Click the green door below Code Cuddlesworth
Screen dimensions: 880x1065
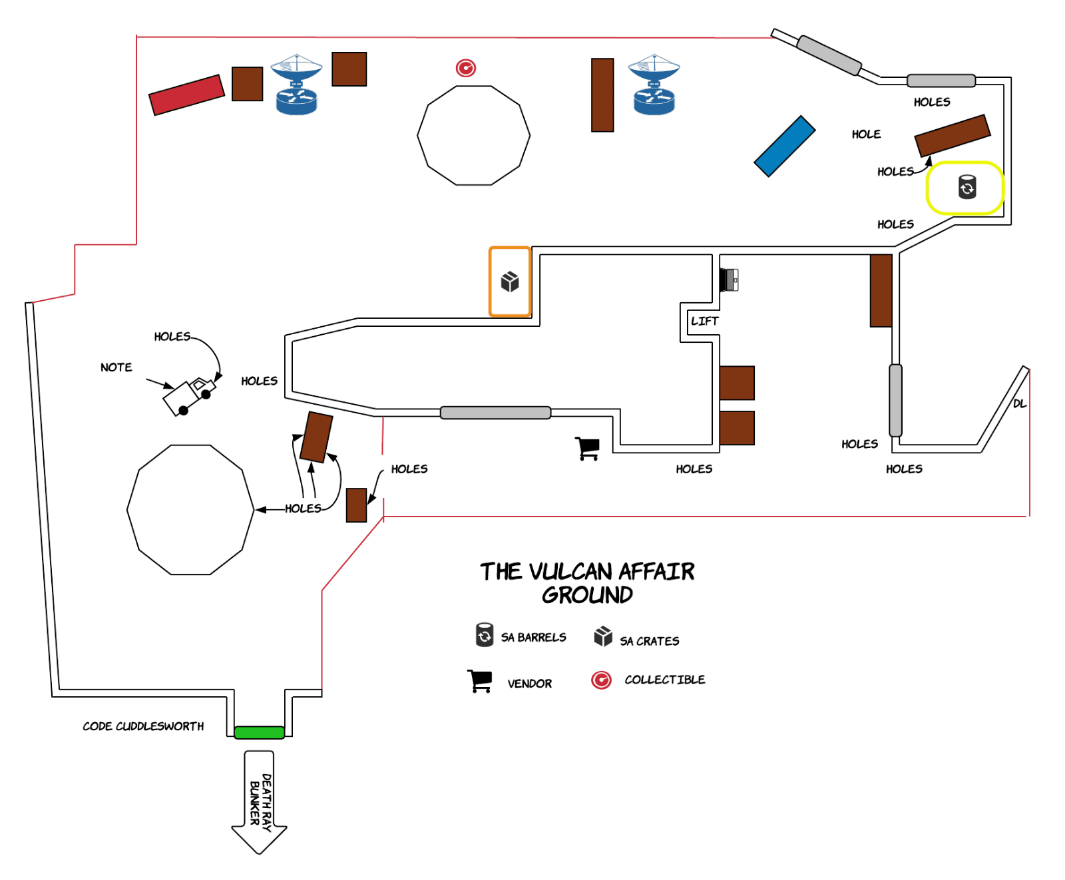259,732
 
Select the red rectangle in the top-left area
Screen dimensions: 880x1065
186,95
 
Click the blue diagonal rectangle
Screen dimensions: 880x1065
784,146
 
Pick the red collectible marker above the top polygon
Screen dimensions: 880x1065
465,68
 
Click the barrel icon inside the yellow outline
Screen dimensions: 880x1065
966,187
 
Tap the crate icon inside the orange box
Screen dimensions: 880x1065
510,282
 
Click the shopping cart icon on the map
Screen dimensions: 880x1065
588,448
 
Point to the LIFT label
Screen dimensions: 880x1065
704,321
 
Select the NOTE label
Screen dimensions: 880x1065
116,367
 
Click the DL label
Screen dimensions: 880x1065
1019,403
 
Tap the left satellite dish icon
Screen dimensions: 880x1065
296,85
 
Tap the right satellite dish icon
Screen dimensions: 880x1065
654,85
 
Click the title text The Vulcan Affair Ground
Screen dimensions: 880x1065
587,582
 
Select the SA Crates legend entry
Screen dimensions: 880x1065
649,641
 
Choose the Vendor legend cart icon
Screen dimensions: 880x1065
479,681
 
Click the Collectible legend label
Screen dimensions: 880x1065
664,680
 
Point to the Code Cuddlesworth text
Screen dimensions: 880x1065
143,726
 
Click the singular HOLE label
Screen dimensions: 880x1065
866,134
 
